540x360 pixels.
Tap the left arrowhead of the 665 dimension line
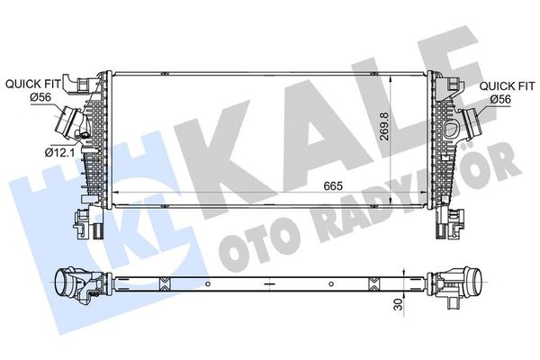[x=121, y=193]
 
